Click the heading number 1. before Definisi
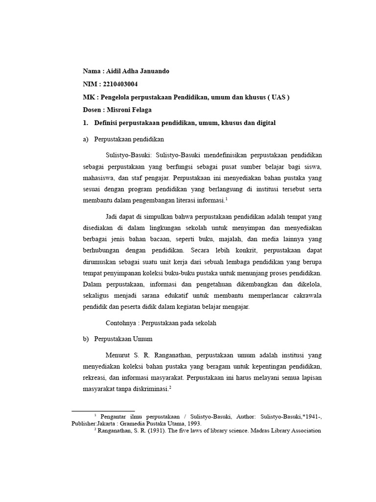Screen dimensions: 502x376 [85, 123]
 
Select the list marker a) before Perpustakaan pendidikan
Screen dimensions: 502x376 [86, 139]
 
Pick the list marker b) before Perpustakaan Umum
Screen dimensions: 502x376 [86, 338]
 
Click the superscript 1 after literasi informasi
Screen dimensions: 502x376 [227, 198]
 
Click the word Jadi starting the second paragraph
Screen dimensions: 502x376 [113, 217]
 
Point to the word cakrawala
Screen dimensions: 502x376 [305, 296]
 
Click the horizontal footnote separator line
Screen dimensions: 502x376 [103, 411]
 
